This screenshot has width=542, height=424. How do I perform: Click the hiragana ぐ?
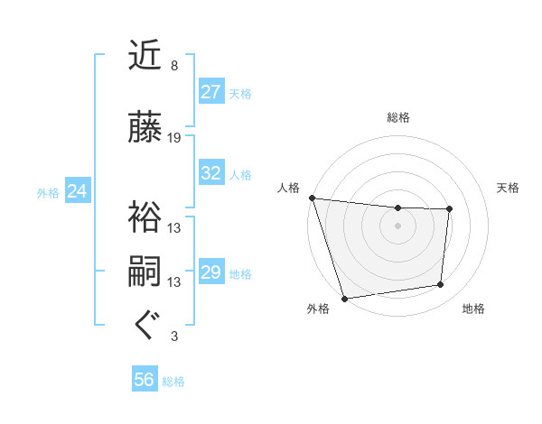145,326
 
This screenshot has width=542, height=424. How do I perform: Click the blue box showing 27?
211,92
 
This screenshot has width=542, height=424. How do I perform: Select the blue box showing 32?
211,173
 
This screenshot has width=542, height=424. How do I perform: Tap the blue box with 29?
211,272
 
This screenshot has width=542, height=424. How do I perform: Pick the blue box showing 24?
78,191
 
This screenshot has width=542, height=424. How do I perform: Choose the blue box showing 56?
145,381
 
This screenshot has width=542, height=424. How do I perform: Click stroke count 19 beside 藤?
174,138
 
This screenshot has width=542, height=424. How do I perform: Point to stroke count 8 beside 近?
174,66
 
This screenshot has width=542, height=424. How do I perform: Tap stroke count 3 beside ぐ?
174,336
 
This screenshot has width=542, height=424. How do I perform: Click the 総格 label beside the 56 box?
173,382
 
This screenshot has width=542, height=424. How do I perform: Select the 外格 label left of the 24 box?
48,192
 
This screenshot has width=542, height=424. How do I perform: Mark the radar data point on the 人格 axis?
312,198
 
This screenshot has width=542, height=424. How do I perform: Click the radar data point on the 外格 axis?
344,298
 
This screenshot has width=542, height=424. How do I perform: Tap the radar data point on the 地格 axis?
441,285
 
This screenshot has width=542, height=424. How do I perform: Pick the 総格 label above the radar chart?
398,117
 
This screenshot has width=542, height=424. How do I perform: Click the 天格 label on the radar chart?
509,188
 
